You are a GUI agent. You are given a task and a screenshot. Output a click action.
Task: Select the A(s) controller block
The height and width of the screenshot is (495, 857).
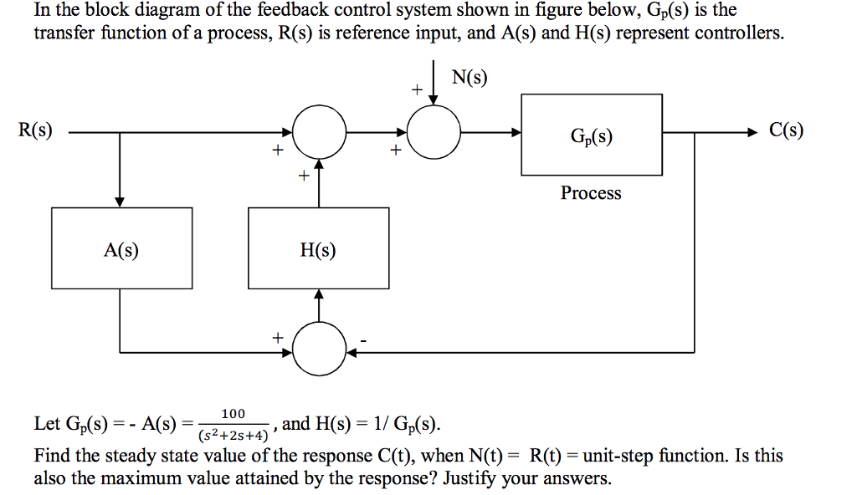click(121, 249)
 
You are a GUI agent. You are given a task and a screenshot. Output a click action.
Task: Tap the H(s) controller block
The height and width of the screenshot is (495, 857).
click(318, 249)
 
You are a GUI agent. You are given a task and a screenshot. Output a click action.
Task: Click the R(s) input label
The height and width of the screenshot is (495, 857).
click(35, 130)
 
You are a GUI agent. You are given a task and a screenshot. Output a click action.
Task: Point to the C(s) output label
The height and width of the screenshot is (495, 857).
click(787, 130)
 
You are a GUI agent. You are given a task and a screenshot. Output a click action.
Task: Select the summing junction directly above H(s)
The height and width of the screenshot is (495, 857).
click(319, 132)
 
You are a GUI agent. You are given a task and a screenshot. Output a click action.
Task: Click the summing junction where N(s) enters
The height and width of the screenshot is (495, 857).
click(434, 132)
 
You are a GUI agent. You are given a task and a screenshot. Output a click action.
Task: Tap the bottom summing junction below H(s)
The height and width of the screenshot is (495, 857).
click(319, 351)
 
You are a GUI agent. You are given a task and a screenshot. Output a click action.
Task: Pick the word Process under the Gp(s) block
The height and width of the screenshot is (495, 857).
click(591, 193)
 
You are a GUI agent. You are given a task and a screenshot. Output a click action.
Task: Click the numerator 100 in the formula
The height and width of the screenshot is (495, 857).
click(233, 414)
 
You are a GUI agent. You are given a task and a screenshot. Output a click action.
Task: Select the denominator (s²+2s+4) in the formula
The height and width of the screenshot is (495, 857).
click(233, 435)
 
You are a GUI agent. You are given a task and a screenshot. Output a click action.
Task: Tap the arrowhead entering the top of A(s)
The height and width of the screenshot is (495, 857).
click(121, 202)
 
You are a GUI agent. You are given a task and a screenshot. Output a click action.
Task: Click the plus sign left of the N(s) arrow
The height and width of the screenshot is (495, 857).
click(413, 89)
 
